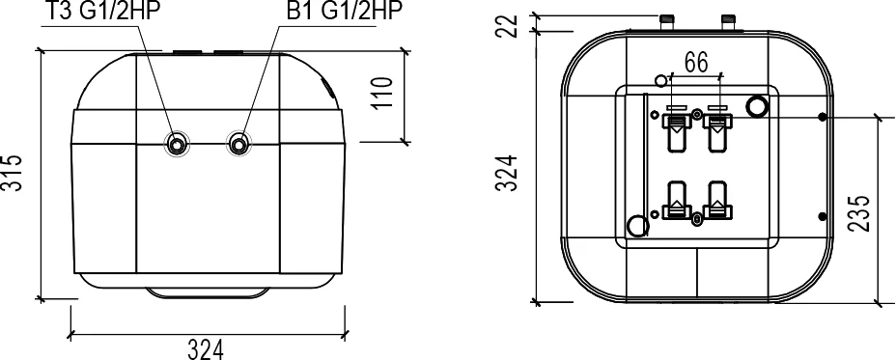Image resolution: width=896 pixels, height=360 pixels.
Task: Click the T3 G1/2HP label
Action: [100, 11]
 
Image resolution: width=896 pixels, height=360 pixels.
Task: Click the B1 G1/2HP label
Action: [345, 11]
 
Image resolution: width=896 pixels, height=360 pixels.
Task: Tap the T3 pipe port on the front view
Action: [177, 144]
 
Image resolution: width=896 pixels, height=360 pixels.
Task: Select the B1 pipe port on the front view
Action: [238, 144]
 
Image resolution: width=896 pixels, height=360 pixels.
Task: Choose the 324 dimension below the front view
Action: [206, 349]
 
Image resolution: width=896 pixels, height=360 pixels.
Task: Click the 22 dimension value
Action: [506, 26]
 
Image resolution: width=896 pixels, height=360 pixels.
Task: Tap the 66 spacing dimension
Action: [696, 63]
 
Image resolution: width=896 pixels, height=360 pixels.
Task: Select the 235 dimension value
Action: [858, 212]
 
